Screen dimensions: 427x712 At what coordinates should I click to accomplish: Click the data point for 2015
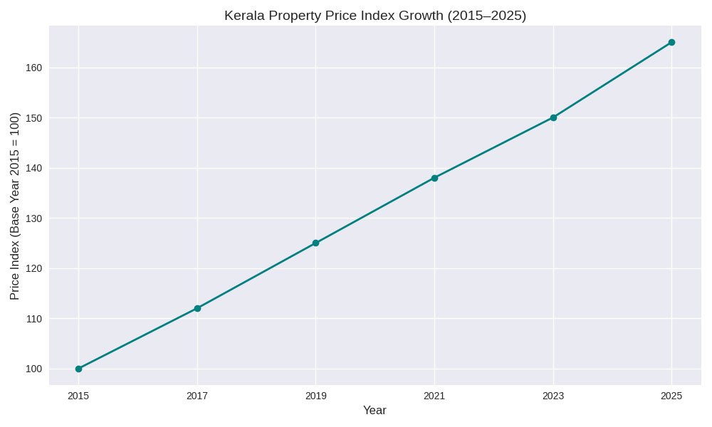(78, 369)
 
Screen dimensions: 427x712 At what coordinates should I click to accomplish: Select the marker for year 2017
(197, 308)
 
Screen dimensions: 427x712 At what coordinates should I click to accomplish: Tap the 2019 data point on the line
(315, 243)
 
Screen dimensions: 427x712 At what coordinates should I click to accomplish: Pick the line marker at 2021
(434, 178)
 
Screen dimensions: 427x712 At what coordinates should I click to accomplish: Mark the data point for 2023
(553, 117)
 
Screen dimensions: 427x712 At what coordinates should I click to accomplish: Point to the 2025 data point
(671, 42)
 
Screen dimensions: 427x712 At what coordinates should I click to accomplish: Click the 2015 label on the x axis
(78, 395)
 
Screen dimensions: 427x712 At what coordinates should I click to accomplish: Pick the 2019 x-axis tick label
(315, 395)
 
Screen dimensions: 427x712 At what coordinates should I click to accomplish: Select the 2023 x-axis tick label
(553, 395)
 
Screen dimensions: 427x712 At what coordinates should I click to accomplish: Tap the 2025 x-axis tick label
(671, 395)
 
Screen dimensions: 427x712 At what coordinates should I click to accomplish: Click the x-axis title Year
(375, 411)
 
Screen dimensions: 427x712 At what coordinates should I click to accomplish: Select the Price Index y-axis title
(15, 206)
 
